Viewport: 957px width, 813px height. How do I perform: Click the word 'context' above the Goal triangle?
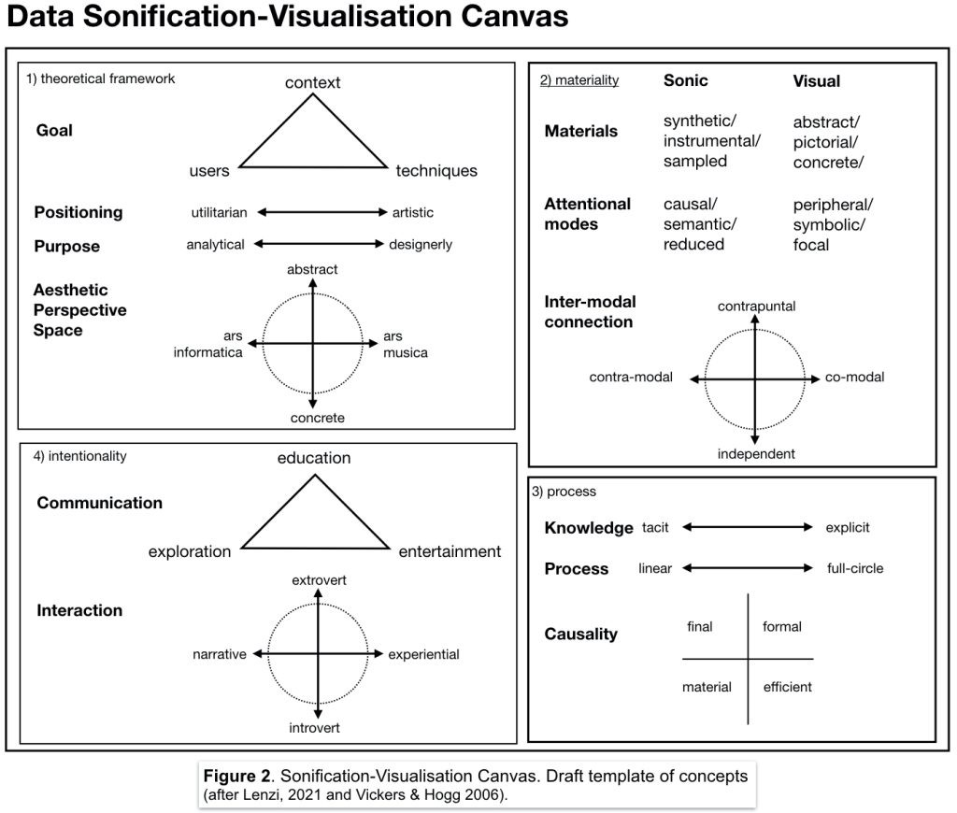click(312, 83)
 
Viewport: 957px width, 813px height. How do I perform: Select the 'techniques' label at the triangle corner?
click(436, 171)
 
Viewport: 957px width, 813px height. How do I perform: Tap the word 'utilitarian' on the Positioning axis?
click(219, 212)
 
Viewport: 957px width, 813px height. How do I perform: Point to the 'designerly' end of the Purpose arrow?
click(421, 245)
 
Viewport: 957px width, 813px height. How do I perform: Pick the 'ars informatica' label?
click(208, 345)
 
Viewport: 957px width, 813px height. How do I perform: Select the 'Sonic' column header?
click(685, 80)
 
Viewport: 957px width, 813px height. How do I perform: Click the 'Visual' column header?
click(816, 81)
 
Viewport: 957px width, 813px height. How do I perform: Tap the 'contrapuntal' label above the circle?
click(756, 307)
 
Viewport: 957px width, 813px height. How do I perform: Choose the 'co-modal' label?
click(854, 378)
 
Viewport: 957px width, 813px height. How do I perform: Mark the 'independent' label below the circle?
click(756, 454)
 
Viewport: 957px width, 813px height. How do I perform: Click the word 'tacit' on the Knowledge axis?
click(655, 528)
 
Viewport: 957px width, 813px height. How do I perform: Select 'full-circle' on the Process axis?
click(854, 568)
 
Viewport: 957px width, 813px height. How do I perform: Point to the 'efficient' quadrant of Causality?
click(787, 687)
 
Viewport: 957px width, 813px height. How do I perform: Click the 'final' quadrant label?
click(699, 626)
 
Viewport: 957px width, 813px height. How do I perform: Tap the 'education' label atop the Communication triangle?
click(314, 458)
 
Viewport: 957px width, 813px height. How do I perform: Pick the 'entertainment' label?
click(450, 551)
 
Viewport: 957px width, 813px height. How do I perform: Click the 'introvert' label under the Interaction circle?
click(319, 727)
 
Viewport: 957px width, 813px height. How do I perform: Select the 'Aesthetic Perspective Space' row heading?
click(80, 310)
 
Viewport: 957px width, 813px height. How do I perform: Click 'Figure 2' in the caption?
click(238, 777)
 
